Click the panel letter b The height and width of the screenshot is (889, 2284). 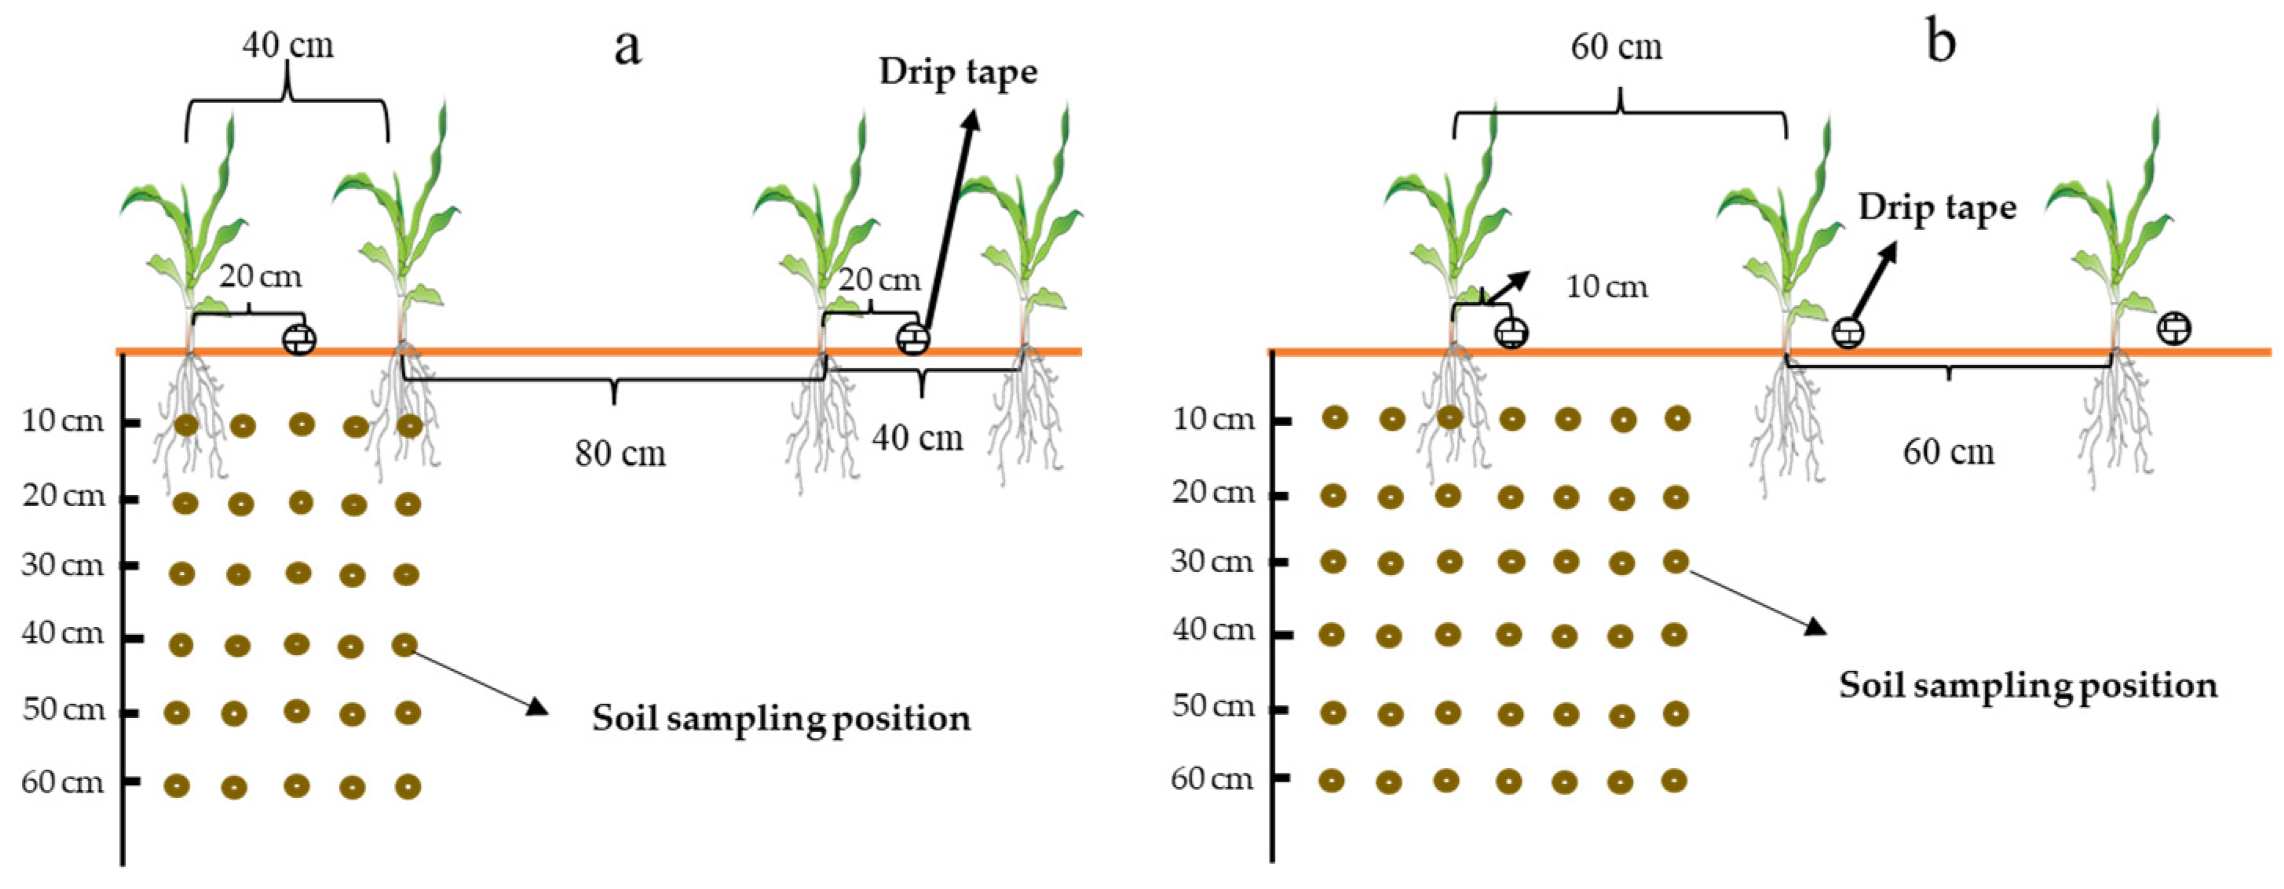[x=1940, y=42]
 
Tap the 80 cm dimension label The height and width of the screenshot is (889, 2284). [x=619, y=454]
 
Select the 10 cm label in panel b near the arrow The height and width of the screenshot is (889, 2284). [x=1606, y=287]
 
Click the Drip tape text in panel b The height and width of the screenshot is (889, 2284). [x=1936, y=208]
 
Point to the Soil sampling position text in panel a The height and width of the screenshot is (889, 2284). [x=781, y=719]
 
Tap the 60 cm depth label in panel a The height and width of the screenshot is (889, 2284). [x=63, y=782]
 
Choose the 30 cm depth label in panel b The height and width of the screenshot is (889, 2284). [x=1212, y=562]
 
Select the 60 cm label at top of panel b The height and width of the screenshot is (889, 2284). [x=1617, y=47]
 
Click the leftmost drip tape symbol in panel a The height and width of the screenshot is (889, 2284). [x=299, y=340]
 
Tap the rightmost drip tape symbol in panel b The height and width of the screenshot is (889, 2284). [x=2174, y=328]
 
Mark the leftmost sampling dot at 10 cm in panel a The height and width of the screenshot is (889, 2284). [x=185, y=425]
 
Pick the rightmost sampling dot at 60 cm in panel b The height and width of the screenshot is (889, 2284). [x=1673, y=781]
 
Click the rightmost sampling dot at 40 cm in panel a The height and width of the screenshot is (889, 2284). [x=404, y=645]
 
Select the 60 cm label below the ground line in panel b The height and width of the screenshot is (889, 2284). [x=1948, y=453]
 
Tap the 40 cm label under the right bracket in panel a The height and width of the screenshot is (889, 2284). [x=917, y=438]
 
